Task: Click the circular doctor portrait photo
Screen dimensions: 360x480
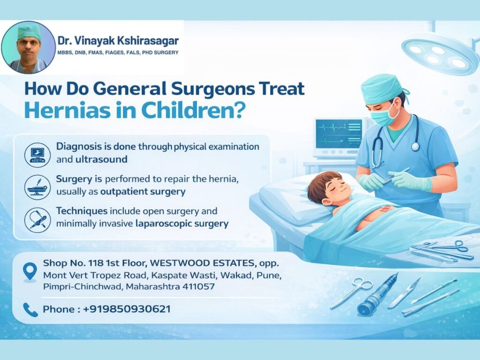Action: (x=28, y=47)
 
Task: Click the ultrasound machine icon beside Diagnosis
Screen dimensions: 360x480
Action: (x=37, y=154)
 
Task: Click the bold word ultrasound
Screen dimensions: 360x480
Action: (x=101, y=159)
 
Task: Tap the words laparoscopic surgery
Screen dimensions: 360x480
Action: (x=182, y=224)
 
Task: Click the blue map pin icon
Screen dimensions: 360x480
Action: (x=30, y=271)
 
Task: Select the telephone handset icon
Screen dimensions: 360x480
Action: (x=30, y=309)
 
